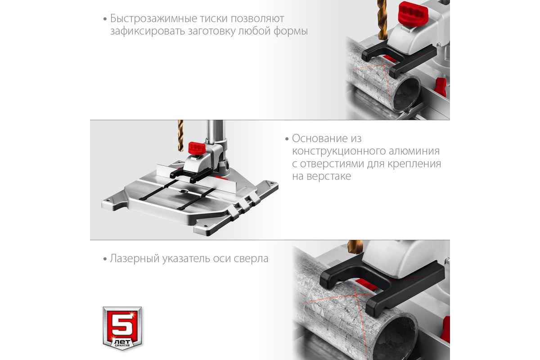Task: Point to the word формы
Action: [291, 31]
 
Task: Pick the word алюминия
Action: [414, 151]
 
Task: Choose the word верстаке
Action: [329, 176]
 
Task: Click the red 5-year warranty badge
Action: [122, 328]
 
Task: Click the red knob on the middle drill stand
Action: [197, 148]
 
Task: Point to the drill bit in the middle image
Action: [180, 136]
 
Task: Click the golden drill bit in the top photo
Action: [382, 20]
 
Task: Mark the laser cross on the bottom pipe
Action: [355, 301]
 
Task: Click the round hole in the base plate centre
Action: [184, 191]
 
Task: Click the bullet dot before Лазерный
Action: [105, 259]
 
